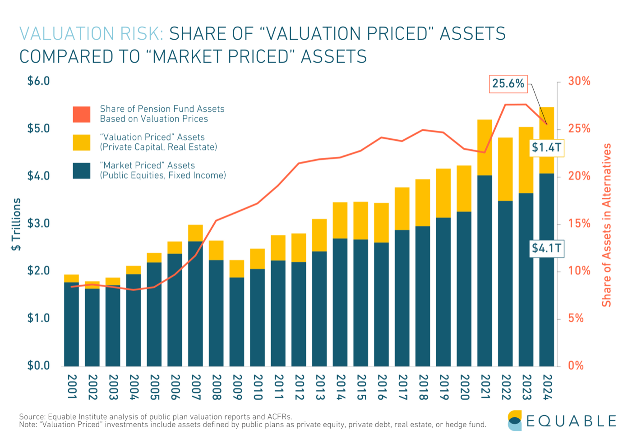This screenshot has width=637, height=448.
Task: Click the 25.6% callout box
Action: coord(508,84)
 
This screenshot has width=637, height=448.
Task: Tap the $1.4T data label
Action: coord(546,147)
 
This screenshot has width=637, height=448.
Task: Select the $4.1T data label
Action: coord(546,248)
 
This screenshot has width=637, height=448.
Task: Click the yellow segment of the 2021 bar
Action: coord(485,147)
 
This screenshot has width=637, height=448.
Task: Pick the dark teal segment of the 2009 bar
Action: coord(237,321)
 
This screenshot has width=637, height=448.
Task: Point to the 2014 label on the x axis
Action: coord(341,387)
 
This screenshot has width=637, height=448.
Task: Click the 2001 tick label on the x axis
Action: coord(72,387)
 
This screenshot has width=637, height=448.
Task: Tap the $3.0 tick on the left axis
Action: coord(38,224)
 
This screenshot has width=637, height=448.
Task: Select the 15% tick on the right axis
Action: coord(579,224)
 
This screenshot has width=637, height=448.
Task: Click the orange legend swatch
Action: coord(82,114)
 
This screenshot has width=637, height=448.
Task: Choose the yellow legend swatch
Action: coord(82,142)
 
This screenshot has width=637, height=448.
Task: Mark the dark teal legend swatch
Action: coord(82,171)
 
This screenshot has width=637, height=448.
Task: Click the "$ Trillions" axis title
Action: coord(17,224)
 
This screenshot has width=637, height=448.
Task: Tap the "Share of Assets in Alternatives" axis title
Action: coord(607,225)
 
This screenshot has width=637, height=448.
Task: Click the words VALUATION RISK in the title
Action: coord(91,34)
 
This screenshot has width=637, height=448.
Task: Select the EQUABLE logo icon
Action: coord(514,421)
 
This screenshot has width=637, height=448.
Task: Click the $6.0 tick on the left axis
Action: coord(38,81)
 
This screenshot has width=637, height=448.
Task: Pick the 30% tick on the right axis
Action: coord(579,81)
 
